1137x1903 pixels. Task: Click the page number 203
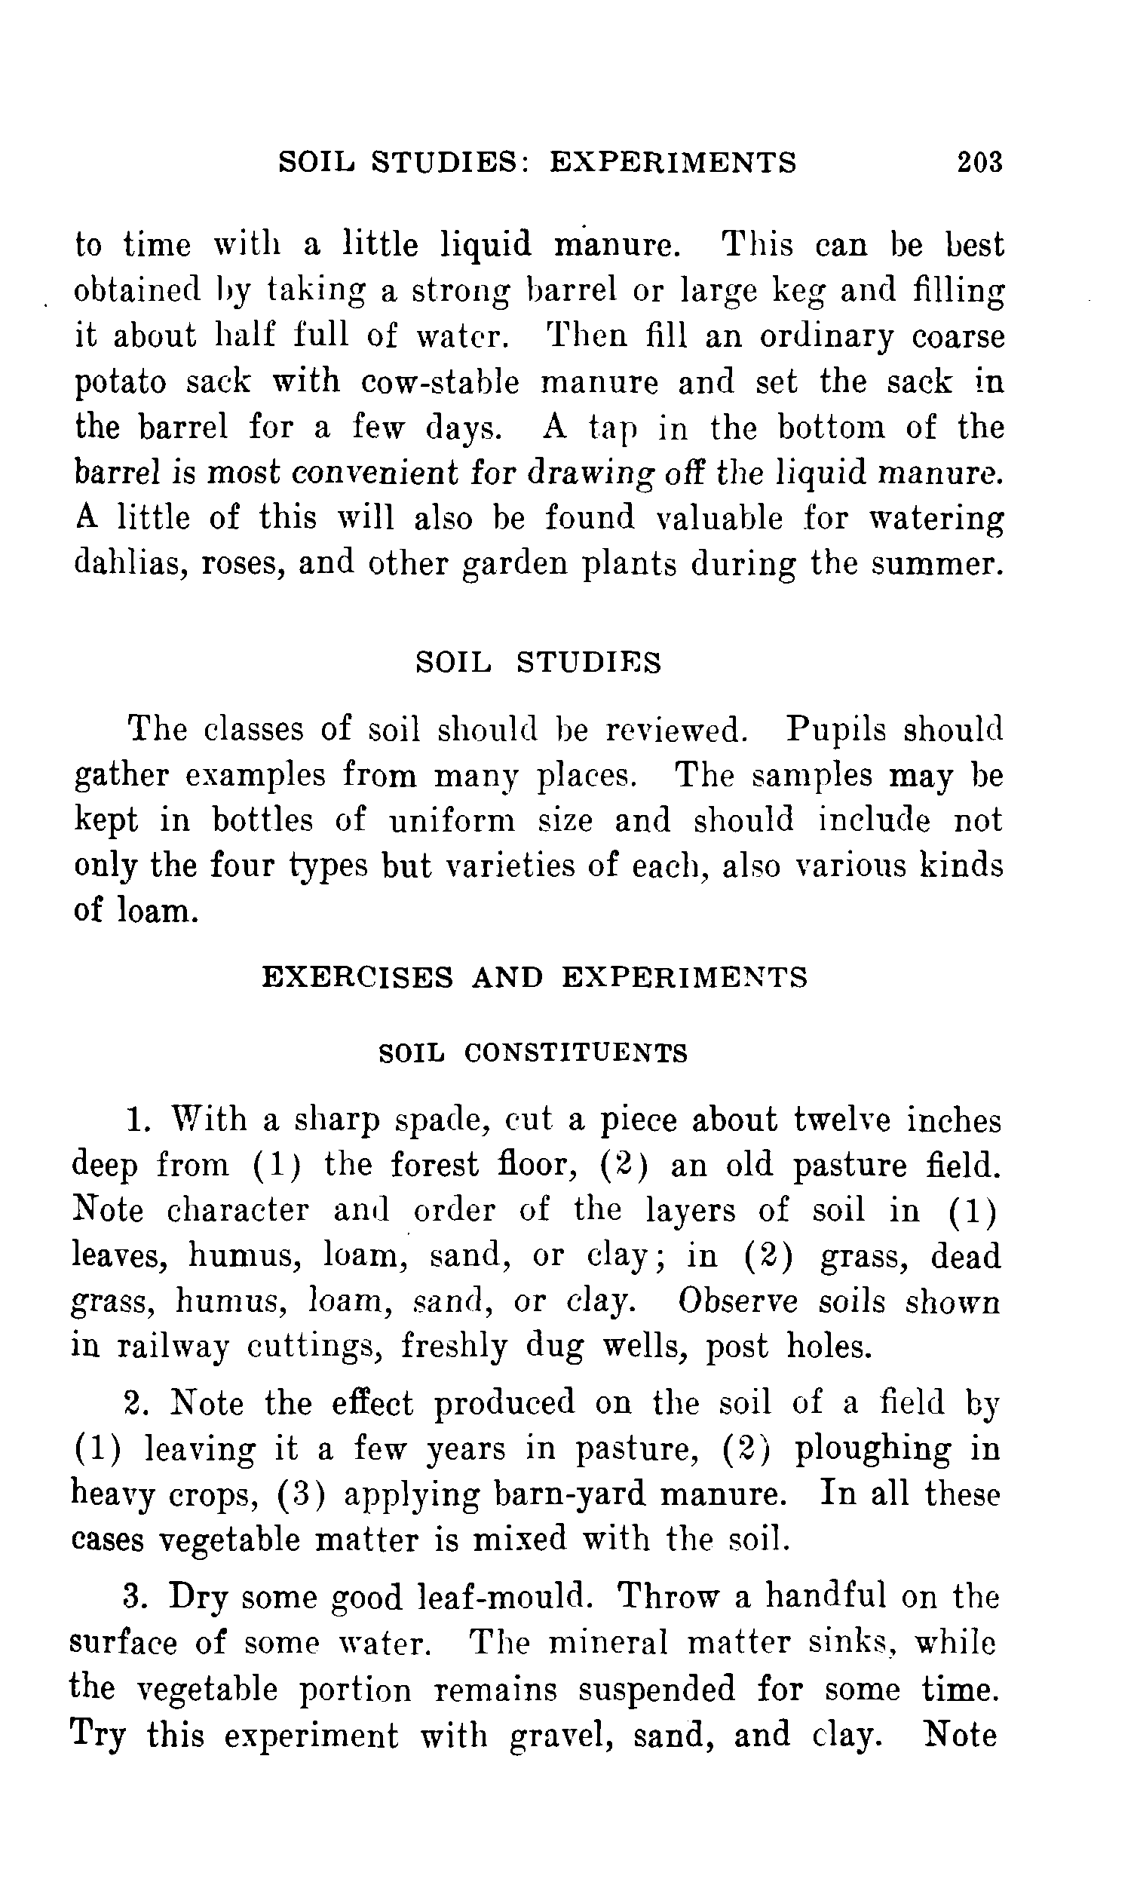tap(979, 161)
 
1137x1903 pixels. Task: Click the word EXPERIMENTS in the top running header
tap(673, 161)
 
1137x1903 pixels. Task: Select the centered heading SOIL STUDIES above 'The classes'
tap(538, 662)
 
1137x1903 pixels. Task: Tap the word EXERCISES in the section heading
tap(358, 978)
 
